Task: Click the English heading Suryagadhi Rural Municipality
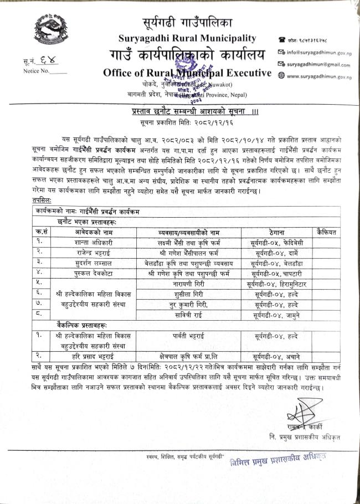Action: point(187,38)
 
